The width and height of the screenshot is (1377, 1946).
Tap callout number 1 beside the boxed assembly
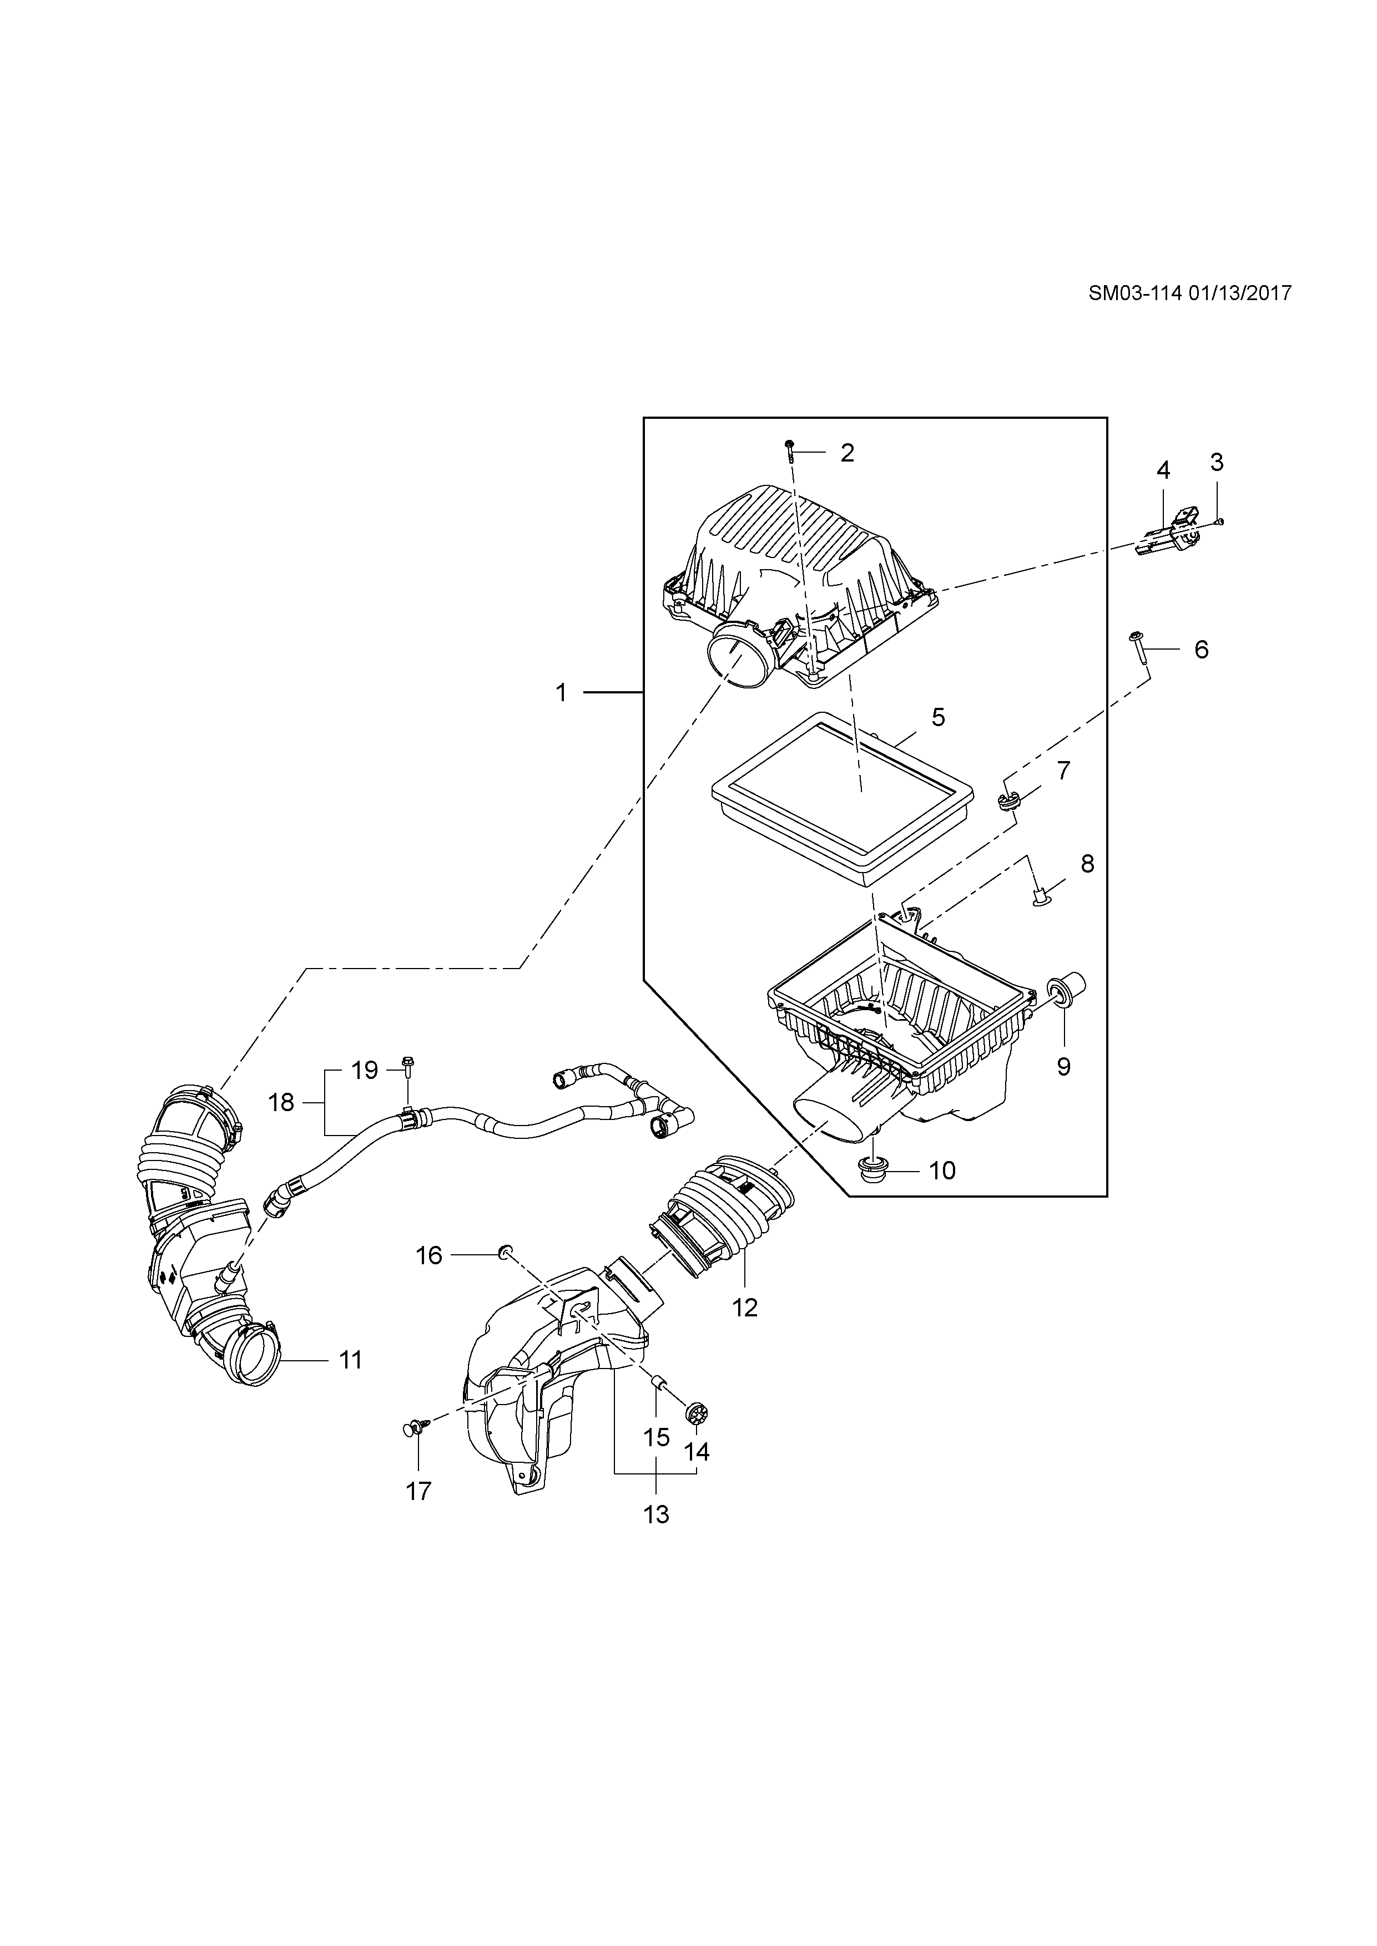click(561, 693)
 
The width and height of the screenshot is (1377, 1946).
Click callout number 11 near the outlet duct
click(350, 1360)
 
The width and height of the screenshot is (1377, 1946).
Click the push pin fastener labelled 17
click(415, 1426)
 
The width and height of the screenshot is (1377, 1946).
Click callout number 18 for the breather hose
click(281, 1102)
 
